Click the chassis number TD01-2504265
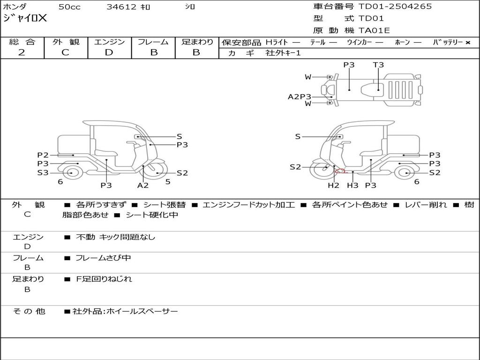[x=395, y=7]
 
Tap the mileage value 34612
[x=121, y=7]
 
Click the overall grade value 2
[x=22, y=52]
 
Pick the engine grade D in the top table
[x=109, y=52]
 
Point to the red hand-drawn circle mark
[x=341, y=171]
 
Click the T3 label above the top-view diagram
[x=378, y=65]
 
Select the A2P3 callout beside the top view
[x=300, y=97]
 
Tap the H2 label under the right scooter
[x=333, y=185]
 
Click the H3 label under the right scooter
[x=352, y=185]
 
